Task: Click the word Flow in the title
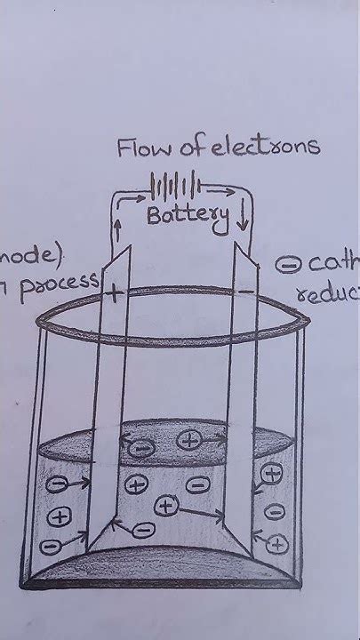click(x=140, y=148)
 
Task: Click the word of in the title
click(x=188, y=148)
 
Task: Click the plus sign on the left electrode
click(x=114, y=292)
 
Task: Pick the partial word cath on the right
click(x=331, y=264)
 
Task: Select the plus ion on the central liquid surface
click(x=188, y=438)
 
